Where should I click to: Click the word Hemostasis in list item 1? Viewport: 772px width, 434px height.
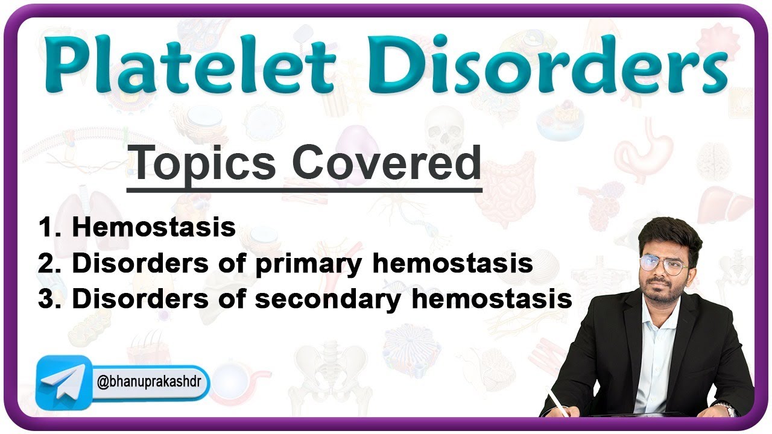(x=154, y=228)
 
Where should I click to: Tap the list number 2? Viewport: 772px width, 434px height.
(x=47, y=264)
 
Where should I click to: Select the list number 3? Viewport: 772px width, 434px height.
(x=47, y=300)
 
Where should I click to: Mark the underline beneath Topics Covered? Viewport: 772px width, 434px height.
(x=304, y=189)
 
